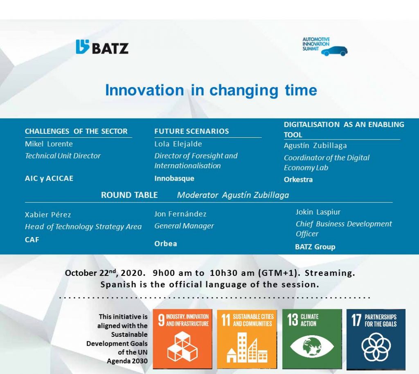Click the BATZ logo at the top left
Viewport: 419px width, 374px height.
point(102,47)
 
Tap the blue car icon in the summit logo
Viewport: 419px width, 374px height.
point(334,51)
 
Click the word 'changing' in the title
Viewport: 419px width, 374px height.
point(244,90)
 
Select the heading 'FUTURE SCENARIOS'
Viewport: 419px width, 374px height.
point(191,131)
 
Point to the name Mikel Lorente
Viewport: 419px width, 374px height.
point(49,144)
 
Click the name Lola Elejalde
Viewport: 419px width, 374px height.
point(178,144)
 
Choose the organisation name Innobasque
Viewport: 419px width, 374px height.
point(174,178)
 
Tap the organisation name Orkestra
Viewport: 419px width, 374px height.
point(298,179)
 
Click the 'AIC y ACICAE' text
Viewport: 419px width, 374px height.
point(49,178)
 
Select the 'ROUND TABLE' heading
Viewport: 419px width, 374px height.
point(129,195)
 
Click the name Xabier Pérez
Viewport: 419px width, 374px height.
point(48,215)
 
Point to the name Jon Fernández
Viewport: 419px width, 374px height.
point(180,214)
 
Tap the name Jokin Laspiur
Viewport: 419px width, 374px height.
point(318,212)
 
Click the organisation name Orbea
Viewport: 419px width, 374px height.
point(166,244)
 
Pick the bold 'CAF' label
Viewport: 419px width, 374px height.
point(32,240)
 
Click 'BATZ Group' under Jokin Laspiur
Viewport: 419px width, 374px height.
point(315,246)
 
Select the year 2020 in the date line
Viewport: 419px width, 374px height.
point(131,273)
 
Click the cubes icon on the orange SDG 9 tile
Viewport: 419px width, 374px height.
point(182,346)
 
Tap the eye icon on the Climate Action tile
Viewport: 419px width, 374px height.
point(312,346)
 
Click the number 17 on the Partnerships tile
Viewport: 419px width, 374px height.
point(356,320)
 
